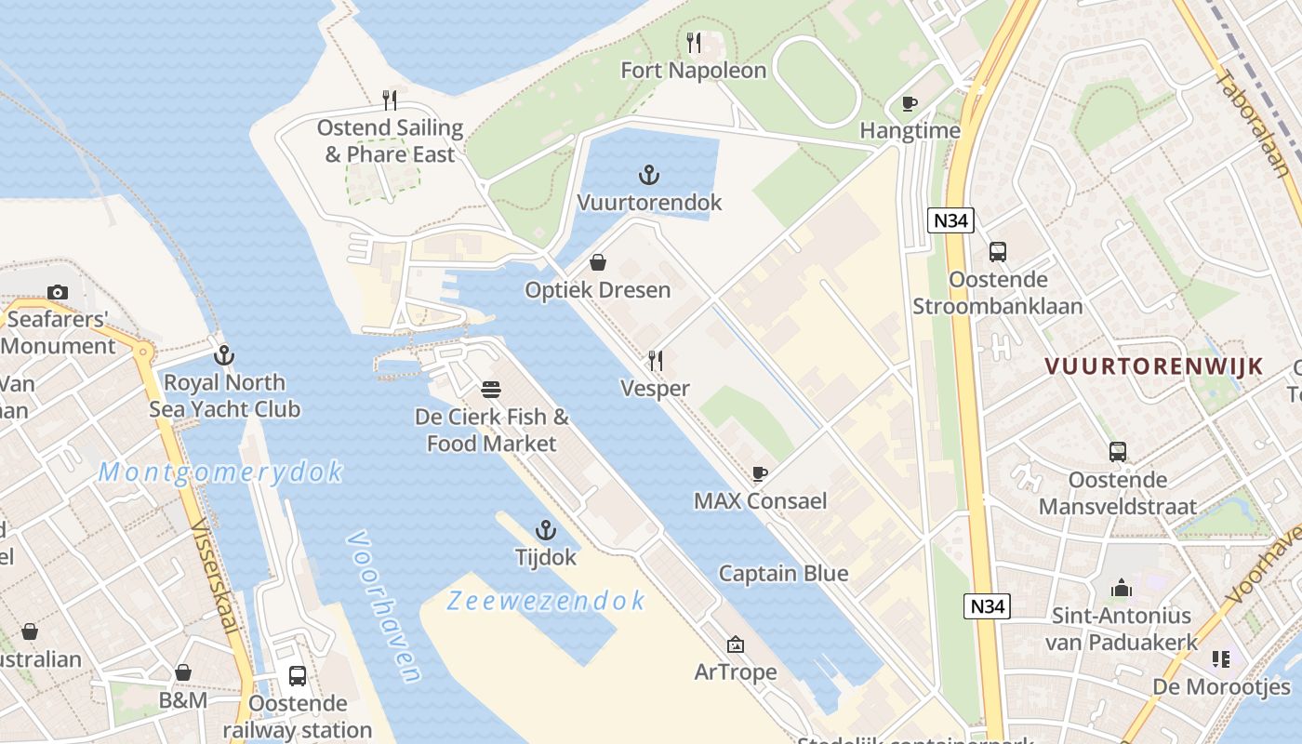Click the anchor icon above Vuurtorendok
648,175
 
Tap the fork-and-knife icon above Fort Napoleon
694,42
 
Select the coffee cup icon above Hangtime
910,103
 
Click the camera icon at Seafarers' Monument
58,292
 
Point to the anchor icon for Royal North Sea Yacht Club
223,354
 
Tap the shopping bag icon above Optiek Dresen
598,262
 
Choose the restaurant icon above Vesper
656,360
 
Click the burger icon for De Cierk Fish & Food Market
491,389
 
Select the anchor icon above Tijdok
546,530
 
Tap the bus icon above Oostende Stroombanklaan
998,251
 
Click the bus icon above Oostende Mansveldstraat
1118,452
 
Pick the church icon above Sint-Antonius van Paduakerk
1122,588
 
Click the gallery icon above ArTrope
735,644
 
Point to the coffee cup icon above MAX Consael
760,473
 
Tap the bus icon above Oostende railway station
298,676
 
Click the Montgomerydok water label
220,472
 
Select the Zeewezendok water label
545,601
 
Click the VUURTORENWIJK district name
1153,365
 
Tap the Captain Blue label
783,573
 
